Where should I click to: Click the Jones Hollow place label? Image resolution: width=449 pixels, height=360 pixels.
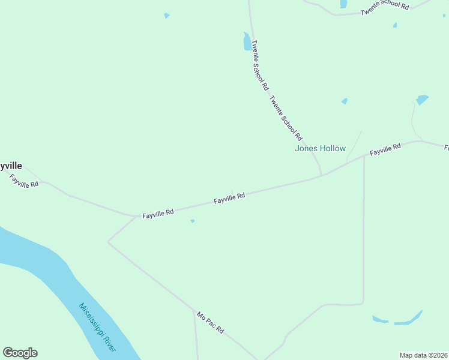[x=320, y=148]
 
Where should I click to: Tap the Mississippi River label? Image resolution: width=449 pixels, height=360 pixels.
[x=98, y=328]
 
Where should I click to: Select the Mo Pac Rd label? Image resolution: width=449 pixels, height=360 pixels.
[x=210, y=322]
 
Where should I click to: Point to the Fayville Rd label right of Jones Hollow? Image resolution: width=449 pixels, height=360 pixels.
[x=385, y=150]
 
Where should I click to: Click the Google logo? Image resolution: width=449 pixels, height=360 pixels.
[x=20, y=353]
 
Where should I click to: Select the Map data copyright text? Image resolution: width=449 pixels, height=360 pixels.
[x=424, y=355]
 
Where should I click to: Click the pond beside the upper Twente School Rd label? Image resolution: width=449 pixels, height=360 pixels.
[x=247, y=42]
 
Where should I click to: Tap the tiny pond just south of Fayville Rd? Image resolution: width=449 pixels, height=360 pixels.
[x=193, y=221]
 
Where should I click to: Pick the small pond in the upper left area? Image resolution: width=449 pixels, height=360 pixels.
[x=166, y=16]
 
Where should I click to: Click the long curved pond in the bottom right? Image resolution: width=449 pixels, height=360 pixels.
[x=409, y=319]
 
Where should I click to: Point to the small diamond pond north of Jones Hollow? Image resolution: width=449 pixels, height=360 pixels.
[x=344, y=101]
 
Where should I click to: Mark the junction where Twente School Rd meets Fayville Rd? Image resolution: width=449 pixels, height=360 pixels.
[x=321, y=176]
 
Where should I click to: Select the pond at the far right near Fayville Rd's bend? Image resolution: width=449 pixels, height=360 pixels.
[x=422, y=100]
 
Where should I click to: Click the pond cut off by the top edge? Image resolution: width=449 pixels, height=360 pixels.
[x=343, y=4]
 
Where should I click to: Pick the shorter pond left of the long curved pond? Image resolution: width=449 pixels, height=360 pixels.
[x=380, y=319]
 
